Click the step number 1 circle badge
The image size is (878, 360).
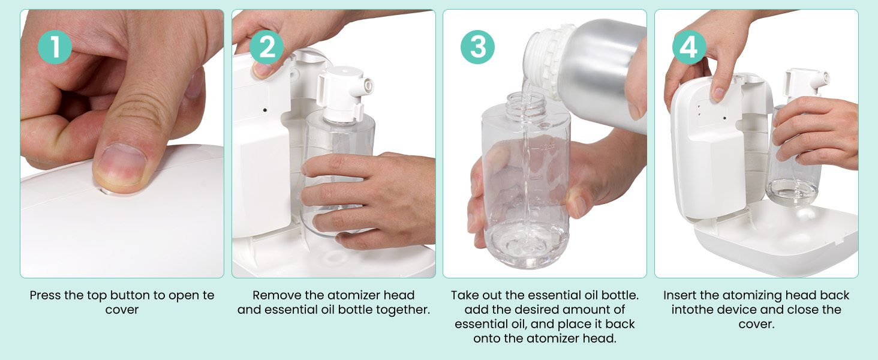[55, 47]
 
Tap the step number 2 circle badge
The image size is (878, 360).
[266, 47]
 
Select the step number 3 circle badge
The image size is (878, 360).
[478, 47]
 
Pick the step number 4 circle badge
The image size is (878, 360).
[690, 47]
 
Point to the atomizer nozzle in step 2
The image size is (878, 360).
[367, 85]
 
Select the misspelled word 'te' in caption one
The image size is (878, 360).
[208, 295]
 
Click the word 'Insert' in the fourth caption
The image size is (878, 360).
[679, 295]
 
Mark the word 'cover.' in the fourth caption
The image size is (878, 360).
[756, 325]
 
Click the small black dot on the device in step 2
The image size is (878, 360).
[265, 110]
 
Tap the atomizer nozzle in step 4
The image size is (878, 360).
[822, 79]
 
